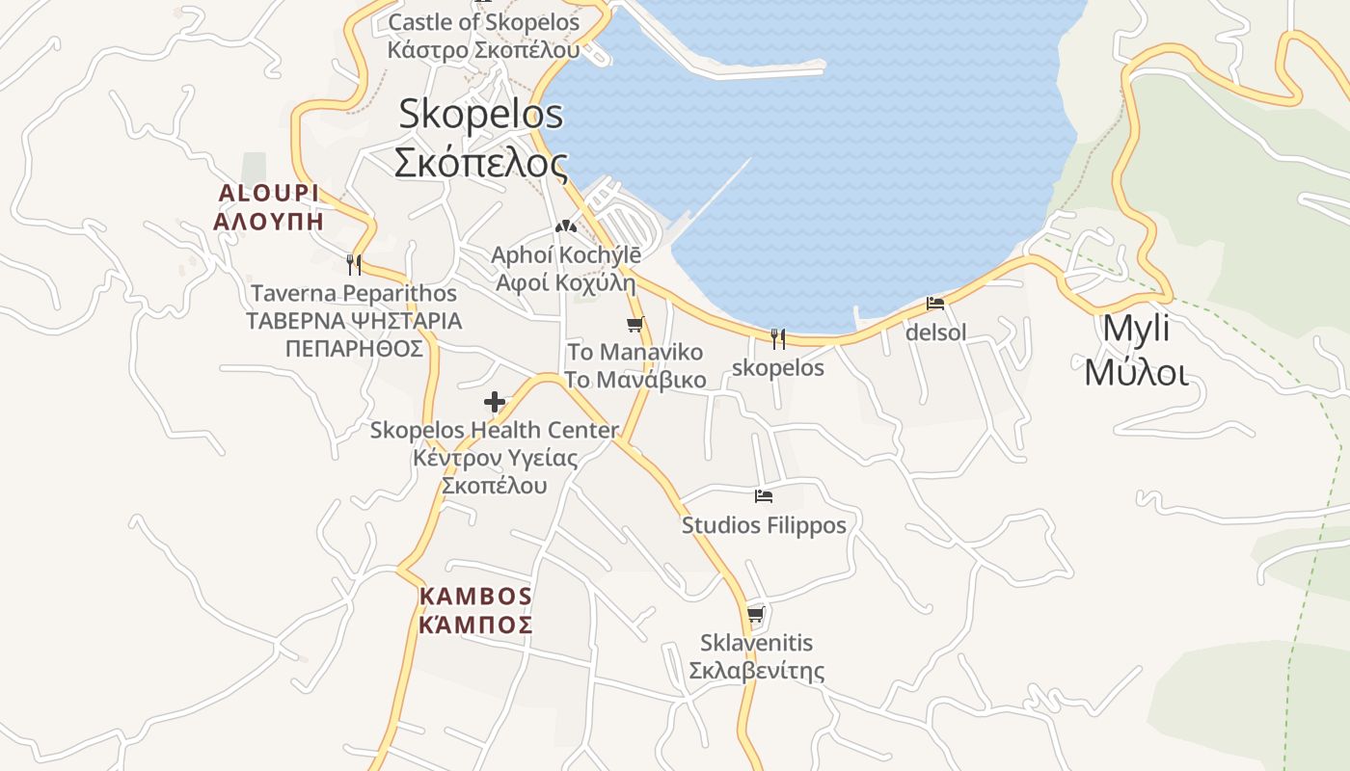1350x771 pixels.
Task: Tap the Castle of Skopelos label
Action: [484, 36]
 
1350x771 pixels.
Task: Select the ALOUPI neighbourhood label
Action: [268, 207]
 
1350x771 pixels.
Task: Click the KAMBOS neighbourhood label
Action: [475, 611]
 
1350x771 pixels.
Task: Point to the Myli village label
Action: [1136, 350]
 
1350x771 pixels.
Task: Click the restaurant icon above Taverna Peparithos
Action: [354, 264]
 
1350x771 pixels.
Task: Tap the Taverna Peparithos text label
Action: [354, 320]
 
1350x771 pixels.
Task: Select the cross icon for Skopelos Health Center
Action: [495, 402]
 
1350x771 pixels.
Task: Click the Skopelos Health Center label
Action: [495, 457]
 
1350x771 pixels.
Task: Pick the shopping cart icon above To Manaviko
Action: [634, 324]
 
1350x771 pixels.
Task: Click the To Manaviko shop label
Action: [634, 365]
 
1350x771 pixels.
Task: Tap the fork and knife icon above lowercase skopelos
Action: [778, 338]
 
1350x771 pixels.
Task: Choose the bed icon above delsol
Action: [935, 304]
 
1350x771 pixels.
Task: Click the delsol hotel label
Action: [935, 333]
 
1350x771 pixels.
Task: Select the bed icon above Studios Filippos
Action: [764, 496]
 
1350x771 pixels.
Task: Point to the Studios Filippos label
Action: [764, 525]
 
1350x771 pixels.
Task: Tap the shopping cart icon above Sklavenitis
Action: [756, 614]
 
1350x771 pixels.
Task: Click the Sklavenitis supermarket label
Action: [756, 656]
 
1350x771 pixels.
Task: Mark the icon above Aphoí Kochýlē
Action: [565, 226]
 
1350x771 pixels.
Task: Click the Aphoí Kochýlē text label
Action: [565, 269]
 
